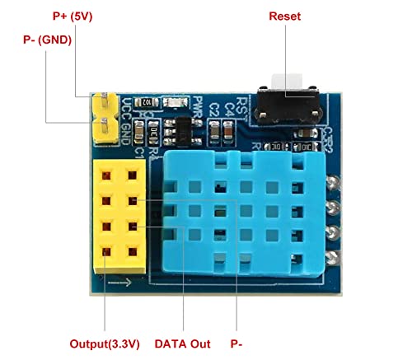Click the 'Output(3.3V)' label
tap(105, 343)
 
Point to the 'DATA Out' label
tap(184, 343)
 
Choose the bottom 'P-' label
tap(236, 343)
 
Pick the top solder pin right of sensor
tap(334, 183)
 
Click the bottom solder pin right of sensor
tap(334, 245)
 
